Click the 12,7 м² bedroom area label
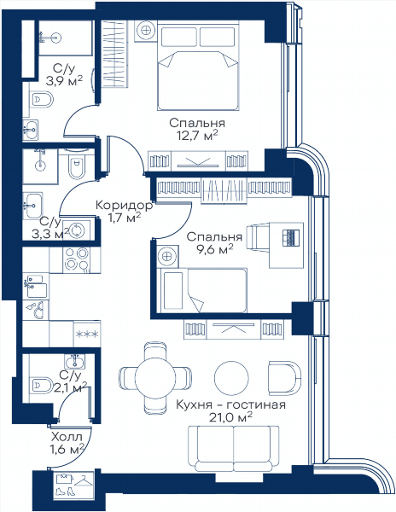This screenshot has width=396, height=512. pyautogui.click(x=196, y=135)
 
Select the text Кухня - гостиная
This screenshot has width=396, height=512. pyautogui.click(x=230, y=404)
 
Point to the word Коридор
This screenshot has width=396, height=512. pyautogui.click(x=124, y=206)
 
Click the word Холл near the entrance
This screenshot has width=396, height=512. pyautogui.click(x=67, y=437)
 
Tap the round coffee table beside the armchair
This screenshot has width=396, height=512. pyautogui.click(x=231, y=377)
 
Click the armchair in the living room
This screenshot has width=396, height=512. pyautogui.click(x=283, y=378)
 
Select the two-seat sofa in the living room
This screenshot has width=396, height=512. pyautogui.click(x=234, y=448)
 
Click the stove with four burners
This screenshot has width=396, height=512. pyautogui.click(x=77, y=259)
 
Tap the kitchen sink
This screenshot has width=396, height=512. pyautogui.click(x=36, y=287)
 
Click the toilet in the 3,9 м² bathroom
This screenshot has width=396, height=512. pyautogui.click(x=42, y=99)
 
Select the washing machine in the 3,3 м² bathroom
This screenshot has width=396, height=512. pyautogui.click(x=77, y=230)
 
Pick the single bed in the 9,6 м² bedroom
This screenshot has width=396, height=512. pyautogui.click(x=201, y=290)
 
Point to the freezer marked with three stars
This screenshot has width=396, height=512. pyautogui.click(x=87, y=334)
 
